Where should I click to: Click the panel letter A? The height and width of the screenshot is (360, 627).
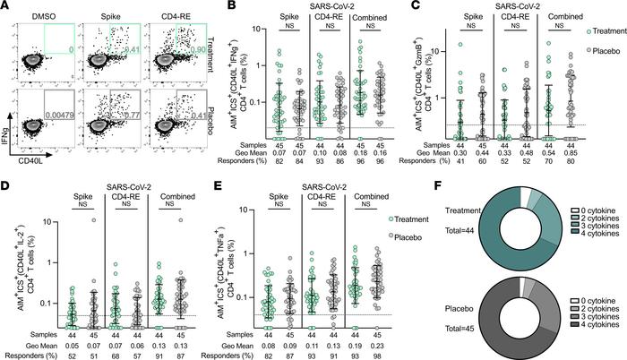pyautogui.click(x=6, y=7)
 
